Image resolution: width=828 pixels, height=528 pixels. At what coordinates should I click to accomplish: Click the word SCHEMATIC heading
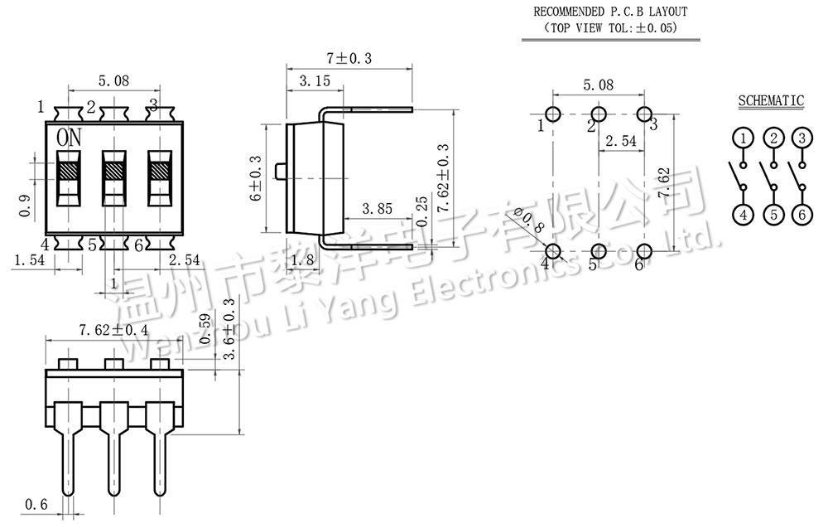point(770,100)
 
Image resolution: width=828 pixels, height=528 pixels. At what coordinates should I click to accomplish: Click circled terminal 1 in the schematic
point(743,138)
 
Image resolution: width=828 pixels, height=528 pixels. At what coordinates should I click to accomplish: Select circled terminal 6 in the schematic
point(802,215)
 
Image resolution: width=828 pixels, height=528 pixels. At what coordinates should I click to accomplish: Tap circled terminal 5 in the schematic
point(773,215)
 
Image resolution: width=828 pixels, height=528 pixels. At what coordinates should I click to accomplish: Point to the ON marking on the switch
point(70,138)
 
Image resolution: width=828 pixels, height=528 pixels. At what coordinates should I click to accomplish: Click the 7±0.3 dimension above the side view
point(349,58)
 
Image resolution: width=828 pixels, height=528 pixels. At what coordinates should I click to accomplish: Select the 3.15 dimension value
point(315,81)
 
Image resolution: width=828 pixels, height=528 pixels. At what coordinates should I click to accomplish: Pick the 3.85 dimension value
point(377,209)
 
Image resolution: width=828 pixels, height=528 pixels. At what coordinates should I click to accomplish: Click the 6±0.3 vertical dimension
point(256,178)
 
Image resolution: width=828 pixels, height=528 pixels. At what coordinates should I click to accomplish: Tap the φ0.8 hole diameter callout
point(528,220)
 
